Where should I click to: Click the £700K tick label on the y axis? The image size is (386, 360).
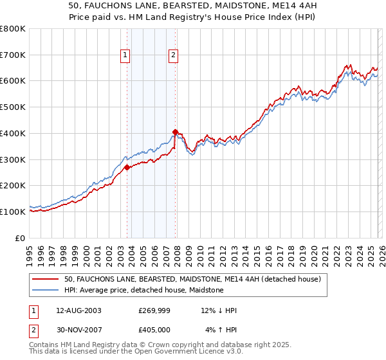click(x=13, y=55)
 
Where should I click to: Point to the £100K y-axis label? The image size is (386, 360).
click(x=13, y=212)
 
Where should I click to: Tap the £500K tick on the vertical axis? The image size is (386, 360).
click(x=13, y=107)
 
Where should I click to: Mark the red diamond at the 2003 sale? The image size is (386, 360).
click(x=127, y=167)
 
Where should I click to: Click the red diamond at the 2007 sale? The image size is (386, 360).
click(x=176, y=132)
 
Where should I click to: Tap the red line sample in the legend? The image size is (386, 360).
click(x=46, y=279)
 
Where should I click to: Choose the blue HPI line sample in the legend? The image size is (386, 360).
click(x=46, y=290)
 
